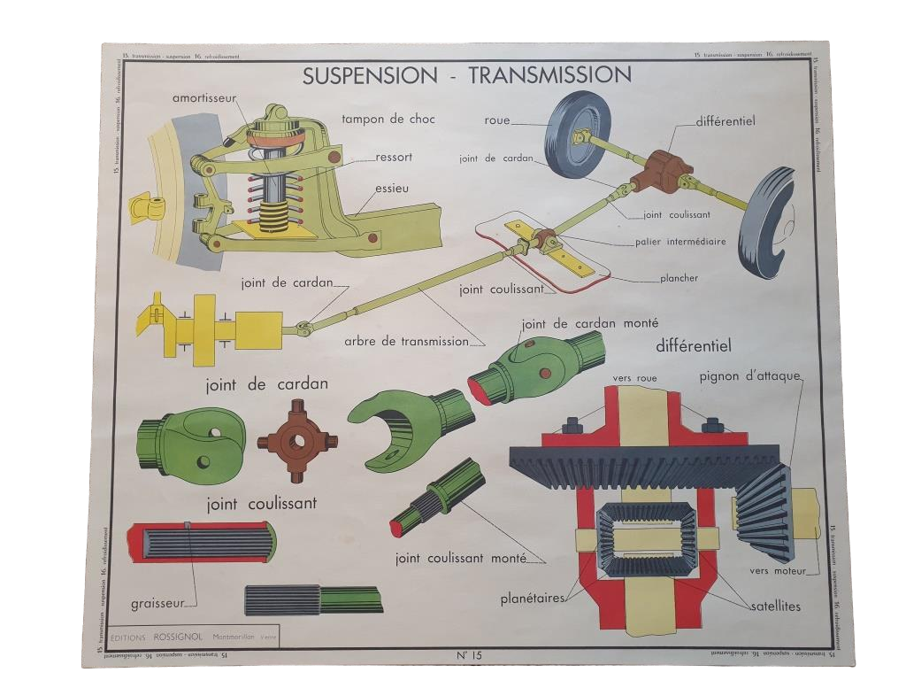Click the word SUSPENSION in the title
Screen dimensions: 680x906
click(370, 75)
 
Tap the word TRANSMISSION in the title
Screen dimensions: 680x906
click(549, 74)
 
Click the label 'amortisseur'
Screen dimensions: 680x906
click(204, 98)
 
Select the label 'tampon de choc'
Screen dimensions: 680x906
click(388, 119)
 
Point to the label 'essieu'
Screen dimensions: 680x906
click(392, 188)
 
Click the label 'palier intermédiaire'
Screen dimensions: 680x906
click(680, 241)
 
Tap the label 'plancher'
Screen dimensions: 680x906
click(679, 278)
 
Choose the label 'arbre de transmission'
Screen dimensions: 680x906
click(407, 341)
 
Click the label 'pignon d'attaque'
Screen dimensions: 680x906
click(749, 375)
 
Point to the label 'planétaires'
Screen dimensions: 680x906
click(532, 598)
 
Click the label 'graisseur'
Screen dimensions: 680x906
click(158, 604)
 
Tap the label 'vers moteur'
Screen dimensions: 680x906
click(778, 571)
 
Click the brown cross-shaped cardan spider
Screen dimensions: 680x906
click(297, 440)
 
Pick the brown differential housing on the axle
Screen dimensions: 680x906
click(664, 169)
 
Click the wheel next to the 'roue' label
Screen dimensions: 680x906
click(576, 135)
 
